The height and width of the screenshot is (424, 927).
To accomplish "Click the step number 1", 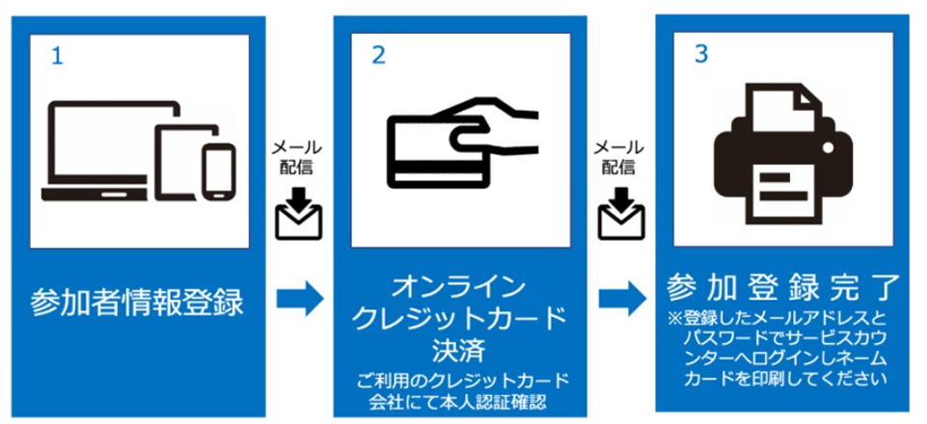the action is (x=57, y=56).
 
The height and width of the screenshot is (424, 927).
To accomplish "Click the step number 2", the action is (x=378, y=55).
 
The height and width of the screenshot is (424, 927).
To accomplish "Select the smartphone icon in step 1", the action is (x=218, y=171).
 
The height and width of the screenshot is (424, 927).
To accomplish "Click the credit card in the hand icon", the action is (x=439, y=149).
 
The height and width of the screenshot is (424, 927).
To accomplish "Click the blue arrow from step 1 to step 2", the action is (x=300, y=299).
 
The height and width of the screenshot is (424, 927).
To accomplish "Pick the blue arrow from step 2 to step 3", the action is (x=622, y=299).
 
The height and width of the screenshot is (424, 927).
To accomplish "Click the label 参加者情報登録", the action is (x=137, y=304).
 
